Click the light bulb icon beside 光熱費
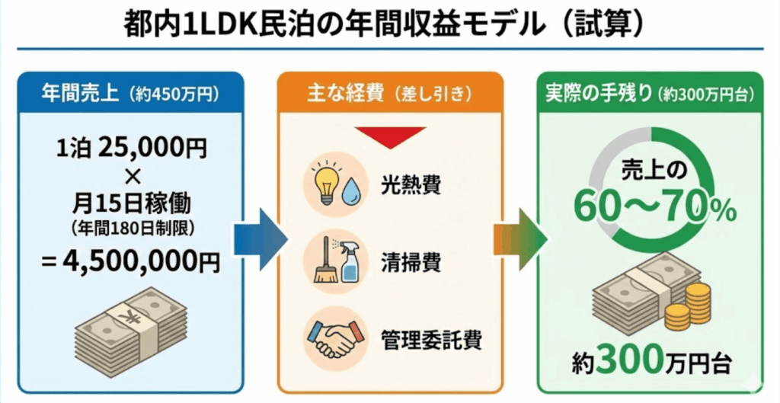click(x=323, y=181)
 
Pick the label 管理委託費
click(x=431, y=339)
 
